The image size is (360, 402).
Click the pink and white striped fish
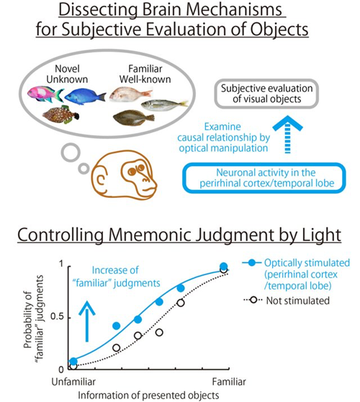click(45, 94)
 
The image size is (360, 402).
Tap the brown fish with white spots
click(60, 114)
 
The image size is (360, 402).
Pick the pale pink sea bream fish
click(131, 94)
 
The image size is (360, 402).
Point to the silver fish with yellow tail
click(164, 104)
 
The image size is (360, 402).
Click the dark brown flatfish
click(134, 118)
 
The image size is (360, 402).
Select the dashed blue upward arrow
click(287, 134)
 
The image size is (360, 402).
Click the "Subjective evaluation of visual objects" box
click(266, 93)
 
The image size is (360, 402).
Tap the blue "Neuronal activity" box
click(264, 178)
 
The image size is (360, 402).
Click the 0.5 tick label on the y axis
click(57, 317)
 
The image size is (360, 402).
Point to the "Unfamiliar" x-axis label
click(73, 382)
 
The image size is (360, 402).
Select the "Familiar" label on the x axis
click(229, 382)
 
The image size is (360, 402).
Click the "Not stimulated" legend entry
click(287, 301)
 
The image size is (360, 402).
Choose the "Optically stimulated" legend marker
click(253, 262)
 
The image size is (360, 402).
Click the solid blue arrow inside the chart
click(86, 321)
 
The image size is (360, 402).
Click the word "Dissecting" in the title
click(98, 10)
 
